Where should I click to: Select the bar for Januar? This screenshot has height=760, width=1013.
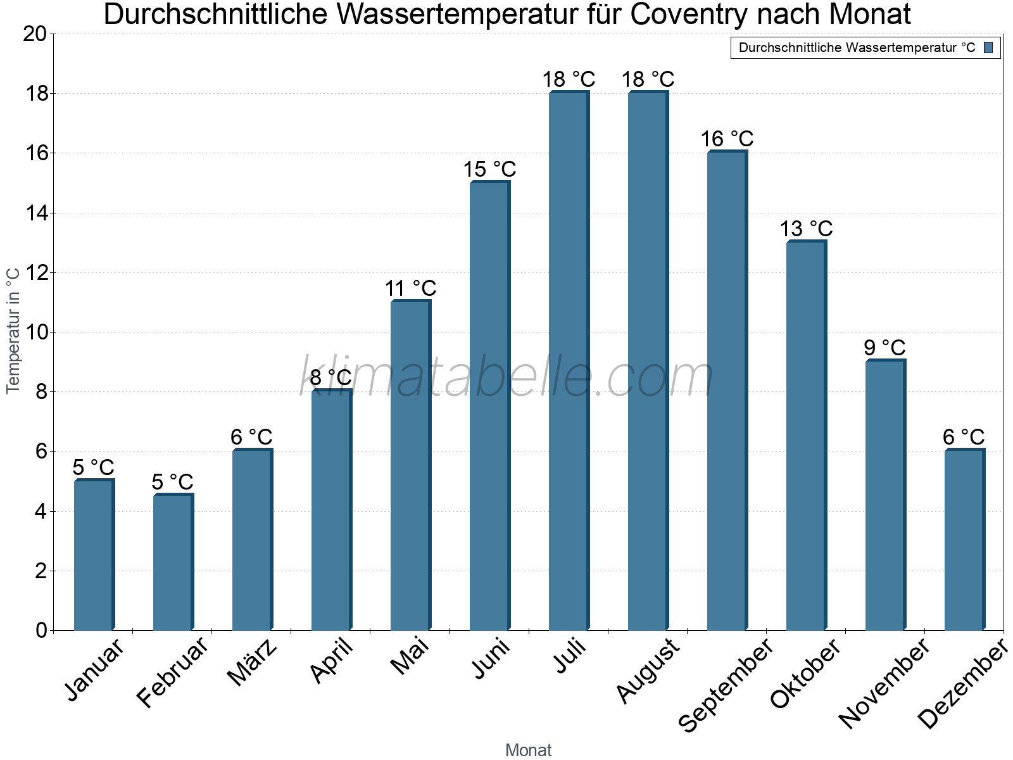point(94,555)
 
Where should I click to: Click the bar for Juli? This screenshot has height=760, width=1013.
point(569,361)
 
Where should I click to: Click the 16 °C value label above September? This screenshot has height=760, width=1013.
point(727,139)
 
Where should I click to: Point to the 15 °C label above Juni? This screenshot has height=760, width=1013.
point(489,169)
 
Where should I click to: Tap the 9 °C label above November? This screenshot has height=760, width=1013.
point(884,348)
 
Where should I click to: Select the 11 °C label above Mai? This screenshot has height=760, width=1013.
point(410,288)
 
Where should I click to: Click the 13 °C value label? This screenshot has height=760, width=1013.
point(806,229)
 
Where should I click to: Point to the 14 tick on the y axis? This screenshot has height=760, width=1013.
point(35,213)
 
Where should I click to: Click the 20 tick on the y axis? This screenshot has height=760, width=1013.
point(35,34)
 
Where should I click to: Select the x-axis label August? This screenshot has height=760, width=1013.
point(648,670)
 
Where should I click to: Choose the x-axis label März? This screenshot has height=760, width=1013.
point(252,664)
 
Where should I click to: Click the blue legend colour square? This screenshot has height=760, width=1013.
point(988,47)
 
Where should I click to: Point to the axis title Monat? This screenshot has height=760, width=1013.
point(529,750)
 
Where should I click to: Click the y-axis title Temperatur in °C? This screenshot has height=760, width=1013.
point(13,331)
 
